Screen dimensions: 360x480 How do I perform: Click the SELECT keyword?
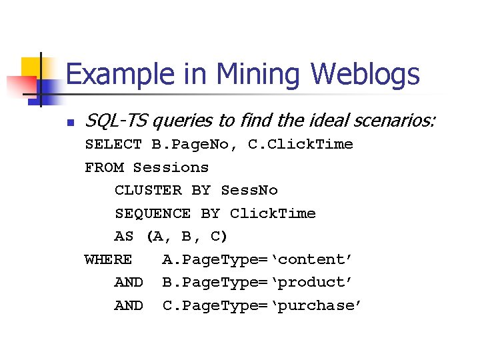point(113,144)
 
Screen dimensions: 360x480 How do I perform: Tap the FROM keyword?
point(103,167)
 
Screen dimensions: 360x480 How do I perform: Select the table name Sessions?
point(171,167)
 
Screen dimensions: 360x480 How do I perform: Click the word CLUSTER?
point(148,190)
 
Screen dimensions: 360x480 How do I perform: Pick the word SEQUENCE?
point(153,213)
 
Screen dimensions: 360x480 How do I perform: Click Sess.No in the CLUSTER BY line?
point(249,190)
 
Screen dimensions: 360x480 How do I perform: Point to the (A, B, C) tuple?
point(187,237)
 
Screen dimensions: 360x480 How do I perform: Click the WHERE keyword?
point(108,259)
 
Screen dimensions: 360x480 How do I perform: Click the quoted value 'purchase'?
point(319,305)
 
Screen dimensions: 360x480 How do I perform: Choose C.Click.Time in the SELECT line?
point(301,144)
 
